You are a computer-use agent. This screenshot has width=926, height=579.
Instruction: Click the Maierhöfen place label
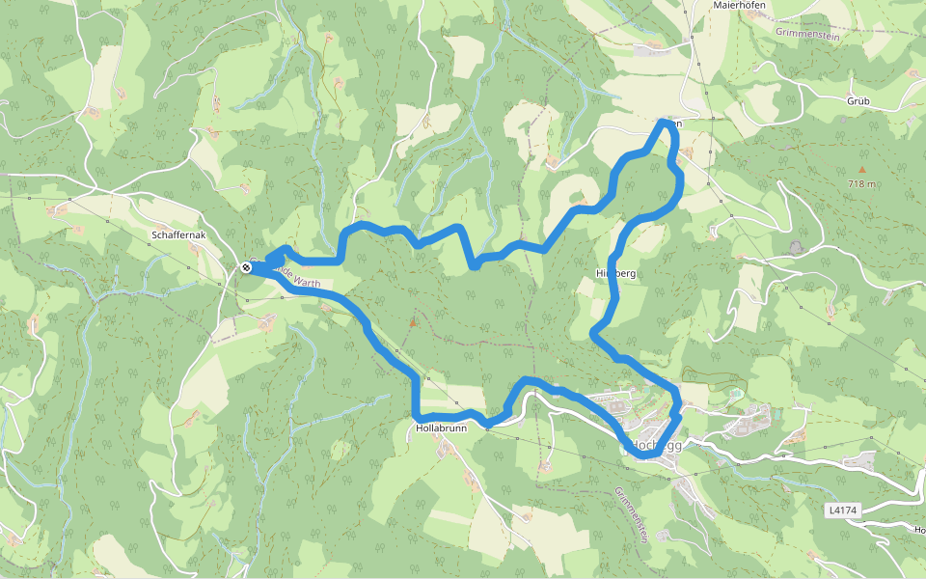click(738, 5)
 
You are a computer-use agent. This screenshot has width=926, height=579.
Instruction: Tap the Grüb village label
click(858, 100)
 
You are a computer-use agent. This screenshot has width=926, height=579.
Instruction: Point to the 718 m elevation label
click(861, 183)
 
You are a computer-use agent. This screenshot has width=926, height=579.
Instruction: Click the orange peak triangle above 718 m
click(861, 170)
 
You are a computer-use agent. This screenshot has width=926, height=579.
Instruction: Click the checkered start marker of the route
click(246, 267)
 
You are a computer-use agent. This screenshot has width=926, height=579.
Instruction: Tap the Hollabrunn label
click(440, 427)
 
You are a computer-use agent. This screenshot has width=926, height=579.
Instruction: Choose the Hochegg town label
click(657, 446)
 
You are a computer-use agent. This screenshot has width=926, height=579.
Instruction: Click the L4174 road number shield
click(841, 509)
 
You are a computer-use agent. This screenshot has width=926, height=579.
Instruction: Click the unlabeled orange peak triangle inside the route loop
click(412, 322)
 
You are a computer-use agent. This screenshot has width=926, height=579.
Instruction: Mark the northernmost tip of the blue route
click(665, 123)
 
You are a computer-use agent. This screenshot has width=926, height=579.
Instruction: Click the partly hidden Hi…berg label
click(618, 274)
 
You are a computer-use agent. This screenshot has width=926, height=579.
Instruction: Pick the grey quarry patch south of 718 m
click(796, 248)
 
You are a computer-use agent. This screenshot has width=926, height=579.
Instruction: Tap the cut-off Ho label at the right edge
click(919, 530)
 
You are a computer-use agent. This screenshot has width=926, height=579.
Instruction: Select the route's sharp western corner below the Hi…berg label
click(593, 335)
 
